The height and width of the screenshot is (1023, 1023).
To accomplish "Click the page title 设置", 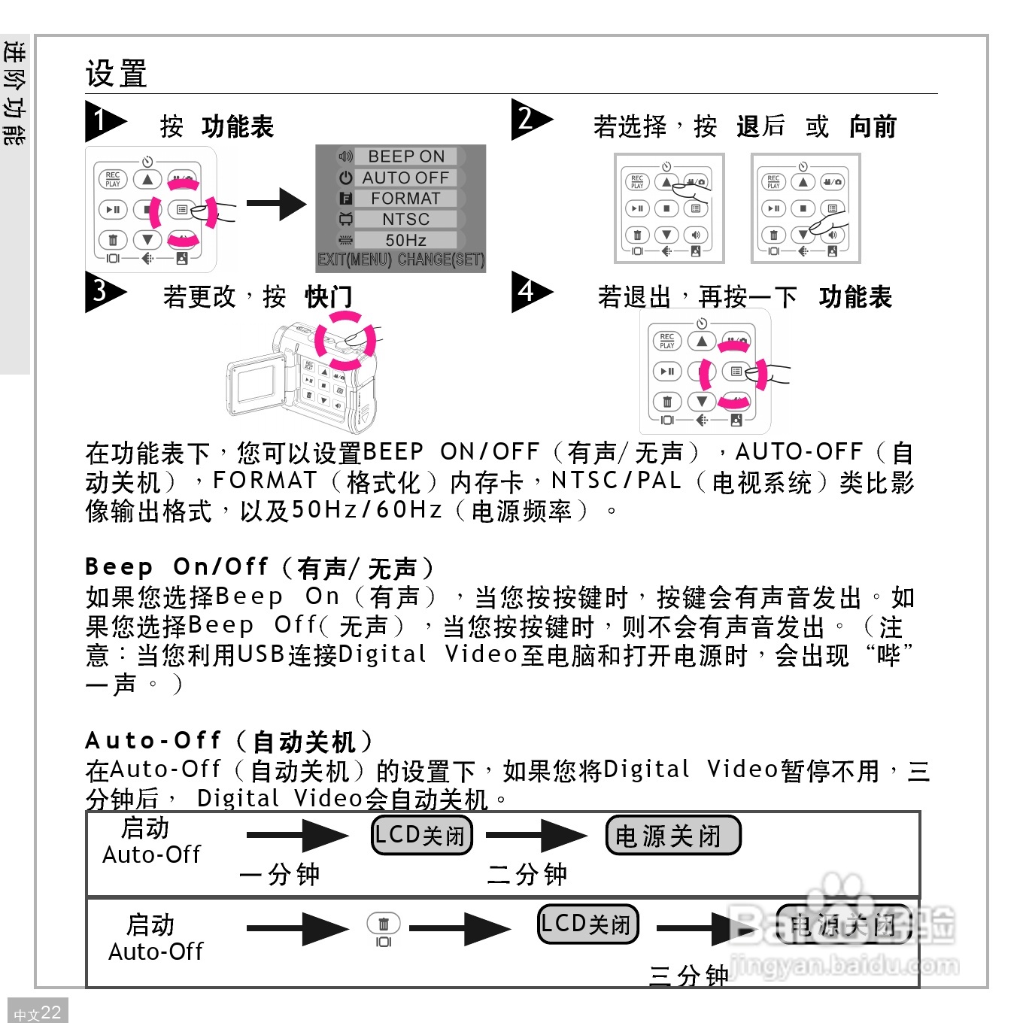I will tap(116, 74).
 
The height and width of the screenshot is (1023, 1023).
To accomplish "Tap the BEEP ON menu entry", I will tap(405, 156).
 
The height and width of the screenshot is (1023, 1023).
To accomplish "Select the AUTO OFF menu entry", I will tap(405, 178).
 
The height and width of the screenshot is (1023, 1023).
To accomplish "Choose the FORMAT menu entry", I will tap(405, 199).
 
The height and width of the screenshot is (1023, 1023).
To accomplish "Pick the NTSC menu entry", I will tap(405, 220).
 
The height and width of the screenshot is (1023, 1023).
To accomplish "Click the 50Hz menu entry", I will tap(405, 241).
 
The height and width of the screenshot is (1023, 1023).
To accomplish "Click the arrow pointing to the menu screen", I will tap(275, 204).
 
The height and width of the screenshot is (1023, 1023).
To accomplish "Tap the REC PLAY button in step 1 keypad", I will tap(113, 180).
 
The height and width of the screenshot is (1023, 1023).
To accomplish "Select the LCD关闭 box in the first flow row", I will tap(422, 836).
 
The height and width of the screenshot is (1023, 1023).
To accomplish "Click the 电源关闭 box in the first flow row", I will tap(672, 836).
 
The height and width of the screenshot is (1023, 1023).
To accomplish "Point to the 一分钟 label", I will tap(279, 875).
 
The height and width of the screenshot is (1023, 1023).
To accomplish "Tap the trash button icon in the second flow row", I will tap(383, 924).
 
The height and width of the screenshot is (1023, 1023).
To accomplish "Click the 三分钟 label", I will tap(688, 976).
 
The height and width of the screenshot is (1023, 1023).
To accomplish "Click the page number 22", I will tap(50, 1012).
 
